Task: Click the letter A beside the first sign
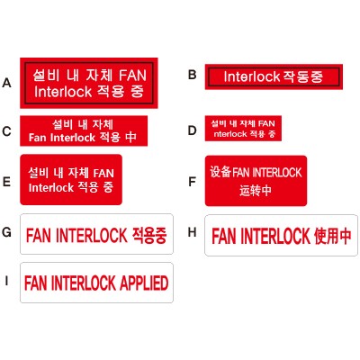point(6,83)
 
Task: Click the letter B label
point(193,75)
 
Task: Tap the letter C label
point(6,131)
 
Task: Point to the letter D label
point(193,130)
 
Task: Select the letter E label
point(6,182)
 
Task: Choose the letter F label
point(192,182)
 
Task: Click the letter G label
point(6,232)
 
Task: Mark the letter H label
point(193,232)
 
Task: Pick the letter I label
point(6,281)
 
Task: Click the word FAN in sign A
point(132,75)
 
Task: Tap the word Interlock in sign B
point(252,76)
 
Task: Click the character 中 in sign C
point(130,137)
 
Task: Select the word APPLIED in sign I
point(144,283)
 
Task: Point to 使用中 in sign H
point(332,236)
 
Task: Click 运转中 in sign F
point(256,190)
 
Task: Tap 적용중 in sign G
point(149,235)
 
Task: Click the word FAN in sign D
point(266,123)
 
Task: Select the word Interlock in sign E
point(51,187)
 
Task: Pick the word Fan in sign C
point(38,138)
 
